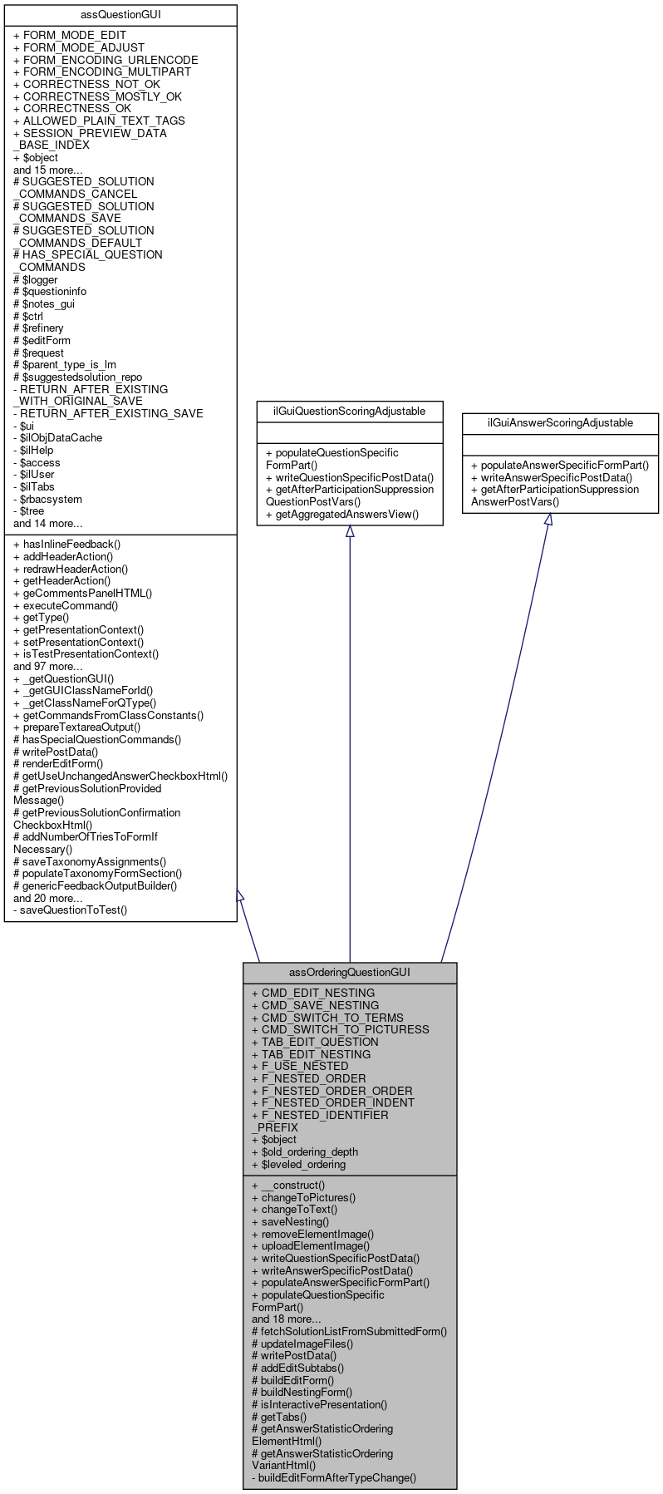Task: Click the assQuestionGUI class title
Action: click(x=120, y=15)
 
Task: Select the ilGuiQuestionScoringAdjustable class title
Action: click(x=349, y=411)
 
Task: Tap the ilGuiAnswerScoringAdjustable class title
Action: click(x=560, y=422)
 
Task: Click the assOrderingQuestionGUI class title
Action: click(x=349, y=972)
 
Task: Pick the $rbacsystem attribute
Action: click(x=51, y=499)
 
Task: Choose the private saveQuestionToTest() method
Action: click(x=70, y=910)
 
